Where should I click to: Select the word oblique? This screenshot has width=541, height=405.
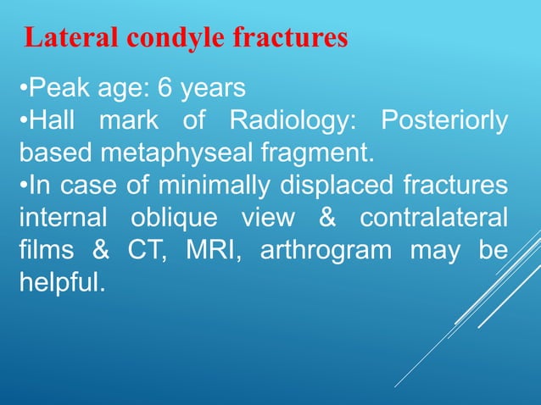point(170,218)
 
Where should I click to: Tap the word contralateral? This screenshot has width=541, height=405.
point(434,218)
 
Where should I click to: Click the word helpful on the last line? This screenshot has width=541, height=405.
point(59,282)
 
